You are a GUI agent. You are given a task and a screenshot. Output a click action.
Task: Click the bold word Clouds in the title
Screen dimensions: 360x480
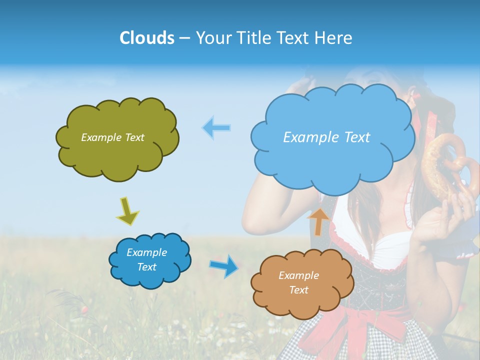pos(146,38)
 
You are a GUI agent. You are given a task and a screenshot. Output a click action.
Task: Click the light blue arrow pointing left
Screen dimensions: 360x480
pos(216,128)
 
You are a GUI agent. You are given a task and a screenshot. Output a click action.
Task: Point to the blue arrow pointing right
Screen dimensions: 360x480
pos(223,265)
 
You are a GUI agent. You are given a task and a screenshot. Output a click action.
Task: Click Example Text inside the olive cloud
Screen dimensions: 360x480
pos(112,137)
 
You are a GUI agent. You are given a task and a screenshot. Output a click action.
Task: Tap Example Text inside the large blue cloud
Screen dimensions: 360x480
pos(326,137)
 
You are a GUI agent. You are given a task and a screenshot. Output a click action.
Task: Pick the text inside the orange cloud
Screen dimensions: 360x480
pos(298,282)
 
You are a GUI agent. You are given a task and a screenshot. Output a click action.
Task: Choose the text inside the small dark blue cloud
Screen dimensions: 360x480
pos(146,260)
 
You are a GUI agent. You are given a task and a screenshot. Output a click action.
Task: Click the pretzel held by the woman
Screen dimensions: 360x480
pos(442,165)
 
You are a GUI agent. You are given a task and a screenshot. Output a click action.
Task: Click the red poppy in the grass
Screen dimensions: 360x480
pos(84,310)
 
